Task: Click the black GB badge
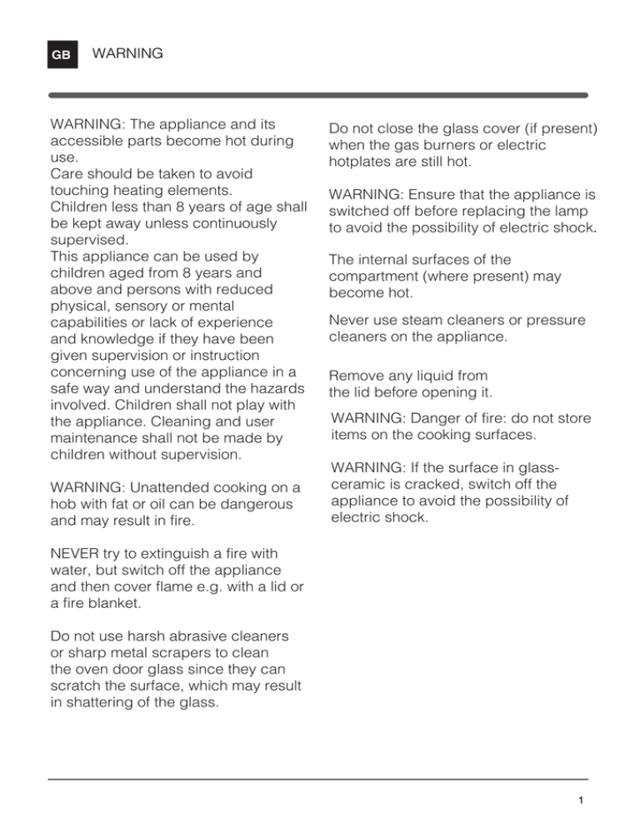coord(62,56)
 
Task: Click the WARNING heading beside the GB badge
coord(127,54)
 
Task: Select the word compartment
coord(380,276)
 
